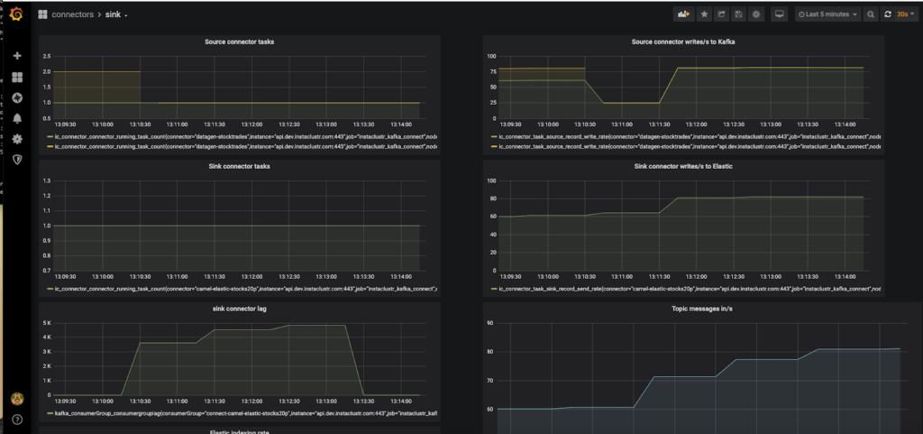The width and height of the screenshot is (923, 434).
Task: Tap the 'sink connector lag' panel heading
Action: pos(238,309)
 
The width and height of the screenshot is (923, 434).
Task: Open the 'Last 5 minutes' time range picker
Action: pos(827,14)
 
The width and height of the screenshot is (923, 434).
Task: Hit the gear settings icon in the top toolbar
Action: pos(756,14)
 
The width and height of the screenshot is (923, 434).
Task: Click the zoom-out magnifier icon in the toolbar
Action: pos(871,14)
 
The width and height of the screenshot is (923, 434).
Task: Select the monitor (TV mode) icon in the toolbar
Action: pos(780,14)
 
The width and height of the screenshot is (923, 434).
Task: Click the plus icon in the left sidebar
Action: pos(17,56)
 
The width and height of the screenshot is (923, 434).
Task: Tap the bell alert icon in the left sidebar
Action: pos(17,118)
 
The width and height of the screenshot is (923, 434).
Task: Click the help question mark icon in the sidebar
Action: pos(17,420)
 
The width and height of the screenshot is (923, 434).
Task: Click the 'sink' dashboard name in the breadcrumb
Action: pos(115,14)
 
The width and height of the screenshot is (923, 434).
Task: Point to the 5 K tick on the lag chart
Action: pos(46,322)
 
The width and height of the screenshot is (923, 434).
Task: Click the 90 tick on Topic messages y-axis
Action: pos(489,322)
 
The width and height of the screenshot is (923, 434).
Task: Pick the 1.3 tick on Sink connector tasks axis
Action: pos(46,180)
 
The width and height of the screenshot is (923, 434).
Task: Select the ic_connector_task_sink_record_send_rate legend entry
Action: pos(685,289)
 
